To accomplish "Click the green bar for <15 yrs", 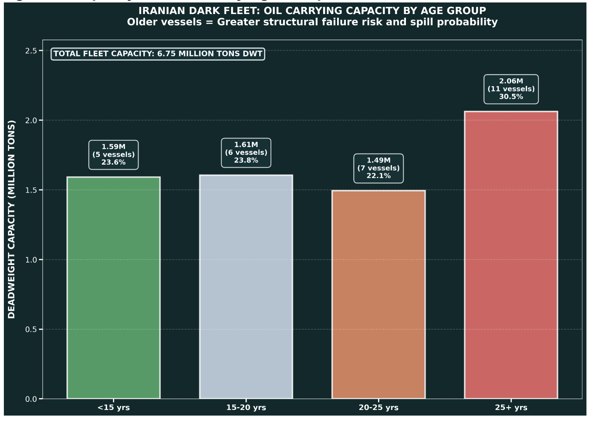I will (x=113, y=288).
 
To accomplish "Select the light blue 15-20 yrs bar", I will (x=246, y=287).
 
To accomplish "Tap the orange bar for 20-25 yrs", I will (x=378, y=294).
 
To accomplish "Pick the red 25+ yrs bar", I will (x=511, y=255).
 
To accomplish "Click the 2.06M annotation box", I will (x=511, y=89).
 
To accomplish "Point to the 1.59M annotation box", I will (x=113, y=154).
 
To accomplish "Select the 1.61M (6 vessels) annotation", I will (x=246, y=152).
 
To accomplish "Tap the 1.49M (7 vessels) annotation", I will (x=378, y=168).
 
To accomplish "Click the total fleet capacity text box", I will (x=158, y=54).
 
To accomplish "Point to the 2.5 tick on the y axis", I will (x=31, y=51).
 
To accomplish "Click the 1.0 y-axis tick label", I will (x=31, y=260).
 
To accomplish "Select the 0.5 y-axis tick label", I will (x=31, y=330).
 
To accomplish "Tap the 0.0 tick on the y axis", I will (x=31, y=399).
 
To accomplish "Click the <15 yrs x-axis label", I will (x=113, y=408).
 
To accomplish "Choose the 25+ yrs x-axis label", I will (x=511, y=408).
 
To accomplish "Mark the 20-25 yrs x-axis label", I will (x=378, y=408).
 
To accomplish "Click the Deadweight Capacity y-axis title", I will (x=12, y=219).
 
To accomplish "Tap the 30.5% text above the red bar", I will (x=511, y=97).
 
